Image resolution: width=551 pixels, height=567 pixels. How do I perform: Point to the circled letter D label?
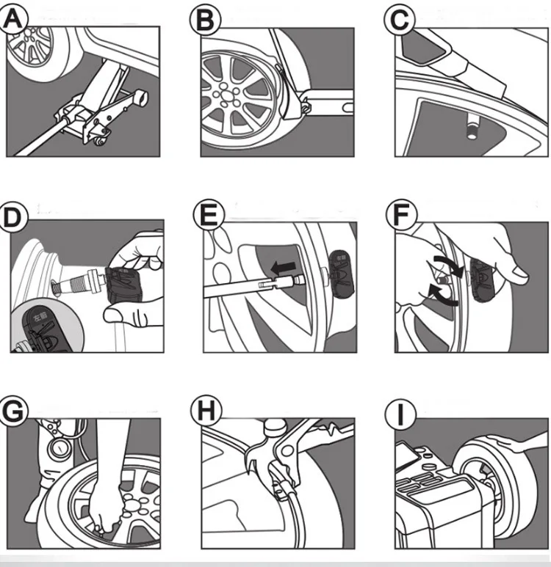click(x=15, y=219)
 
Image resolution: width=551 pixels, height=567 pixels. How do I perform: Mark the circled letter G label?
click(x=15, y=411)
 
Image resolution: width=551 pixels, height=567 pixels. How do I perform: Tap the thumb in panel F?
click(x=515, y=274)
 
